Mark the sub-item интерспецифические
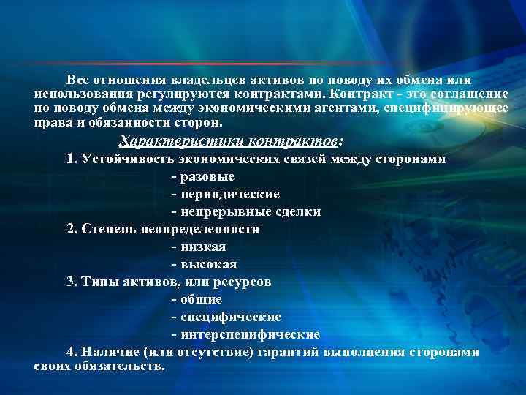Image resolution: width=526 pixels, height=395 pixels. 248,334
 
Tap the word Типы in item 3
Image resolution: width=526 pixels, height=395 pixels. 99,282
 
